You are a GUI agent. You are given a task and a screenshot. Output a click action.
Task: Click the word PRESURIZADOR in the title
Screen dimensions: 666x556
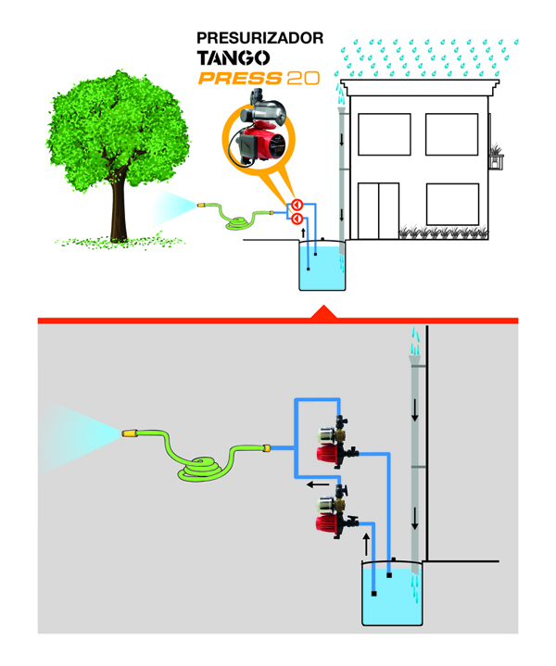[259, 39]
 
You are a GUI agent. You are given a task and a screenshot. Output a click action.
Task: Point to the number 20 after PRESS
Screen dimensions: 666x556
[303, 80]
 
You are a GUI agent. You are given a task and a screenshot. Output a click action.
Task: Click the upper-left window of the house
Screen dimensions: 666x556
[378, 133]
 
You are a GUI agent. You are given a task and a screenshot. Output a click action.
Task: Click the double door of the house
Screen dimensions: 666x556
[378, 210]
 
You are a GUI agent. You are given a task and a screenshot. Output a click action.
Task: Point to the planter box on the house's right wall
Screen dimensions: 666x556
[500, 161]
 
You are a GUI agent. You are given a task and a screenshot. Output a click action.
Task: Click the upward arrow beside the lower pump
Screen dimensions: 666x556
[367, 541]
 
